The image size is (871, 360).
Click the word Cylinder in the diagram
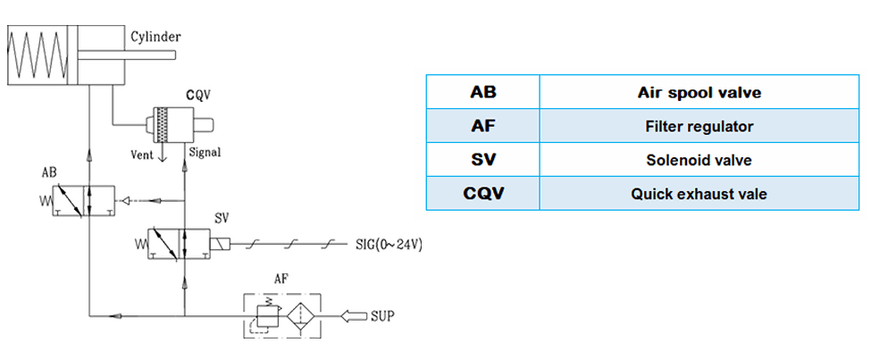point(156,38)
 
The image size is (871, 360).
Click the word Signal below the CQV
point(205,152)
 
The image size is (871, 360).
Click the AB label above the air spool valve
point(51,171)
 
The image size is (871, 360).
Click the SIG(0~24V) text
point(388,244)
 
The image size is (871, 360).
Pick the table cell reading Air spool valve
point(699,92)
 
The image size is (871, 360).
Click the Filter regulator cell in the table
point(699,126)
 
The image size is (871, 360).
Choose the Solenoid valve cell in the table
point(699,160)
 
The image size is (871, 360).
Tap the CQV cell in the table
point(482,193)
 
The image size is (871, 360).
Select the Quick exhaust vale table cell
point(699,193)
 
